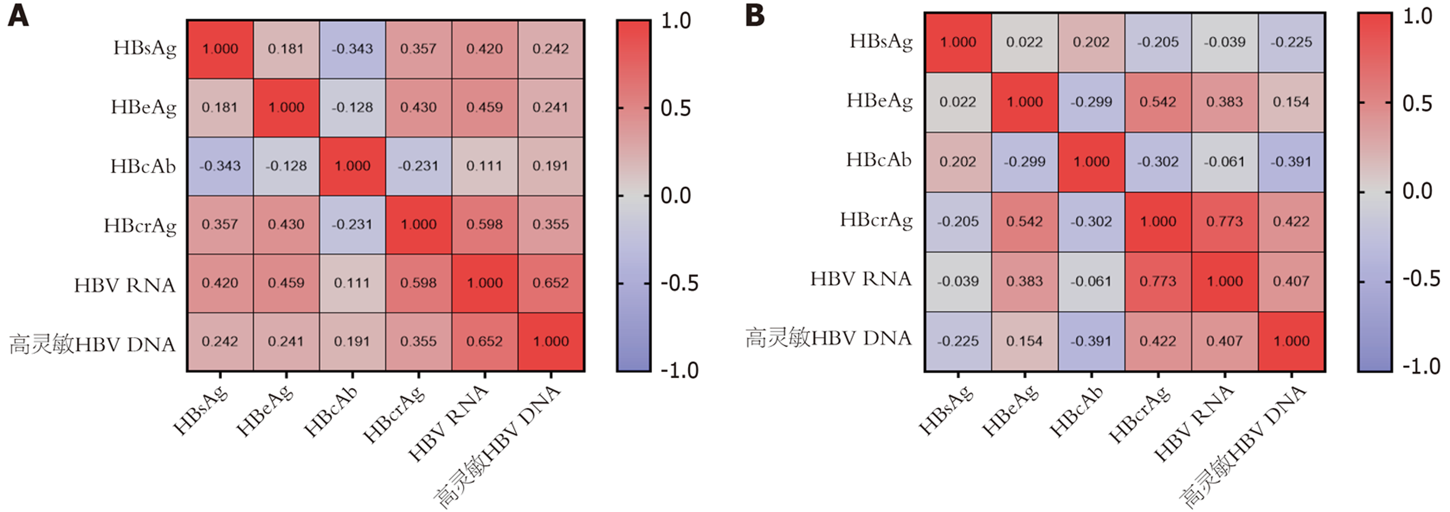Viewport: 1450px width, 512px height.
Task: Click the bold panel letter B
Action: [755, 15]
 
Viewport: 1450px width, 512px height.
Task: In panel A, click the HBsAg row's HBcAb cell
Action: [352, 49]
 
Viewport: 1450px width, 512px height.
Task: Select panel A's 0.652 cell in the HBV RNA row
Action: [550, 283]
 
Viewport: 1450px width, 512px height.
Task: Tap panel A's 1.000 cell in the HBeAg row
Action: [286, 107]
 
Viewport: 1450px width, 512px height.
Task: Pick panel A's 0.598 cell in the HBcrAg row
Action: [484, 224]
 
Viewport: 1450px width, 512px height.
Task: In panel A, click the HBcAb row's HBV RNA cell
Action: [484, 166]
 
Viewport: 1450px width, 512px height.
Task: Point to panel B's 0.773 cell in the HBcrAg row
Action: [1225, 222]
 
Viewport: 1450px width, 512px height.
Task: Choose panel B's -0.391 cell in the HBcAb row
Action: [1291, 162]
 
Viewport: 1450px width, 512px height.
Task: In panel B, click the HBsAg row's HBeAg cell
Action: [1024, 42]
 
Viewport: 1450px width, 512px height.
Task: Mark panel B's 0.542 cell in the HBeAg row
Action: [1158, 102]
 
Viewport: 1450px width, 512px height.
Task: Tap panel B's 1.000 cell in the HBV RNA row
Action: [1225, 282]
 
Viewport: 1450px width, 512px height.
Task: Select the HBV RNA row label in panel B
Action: [861, 279]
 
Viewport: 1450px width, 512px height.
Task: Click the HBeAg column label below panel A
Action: [265, 411]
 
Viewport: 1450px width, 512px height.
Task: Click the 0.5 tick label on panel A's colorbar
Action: [676, 108]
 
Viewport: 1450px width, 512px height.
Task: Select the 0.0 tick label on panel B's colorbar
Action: [1417, 191]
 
